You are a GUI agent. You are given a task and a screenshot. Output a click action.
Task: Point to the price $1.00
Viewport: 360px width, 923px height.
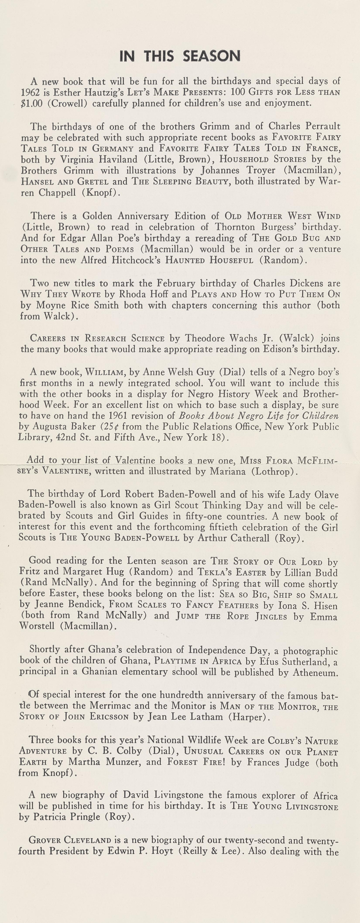(32, 104)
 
